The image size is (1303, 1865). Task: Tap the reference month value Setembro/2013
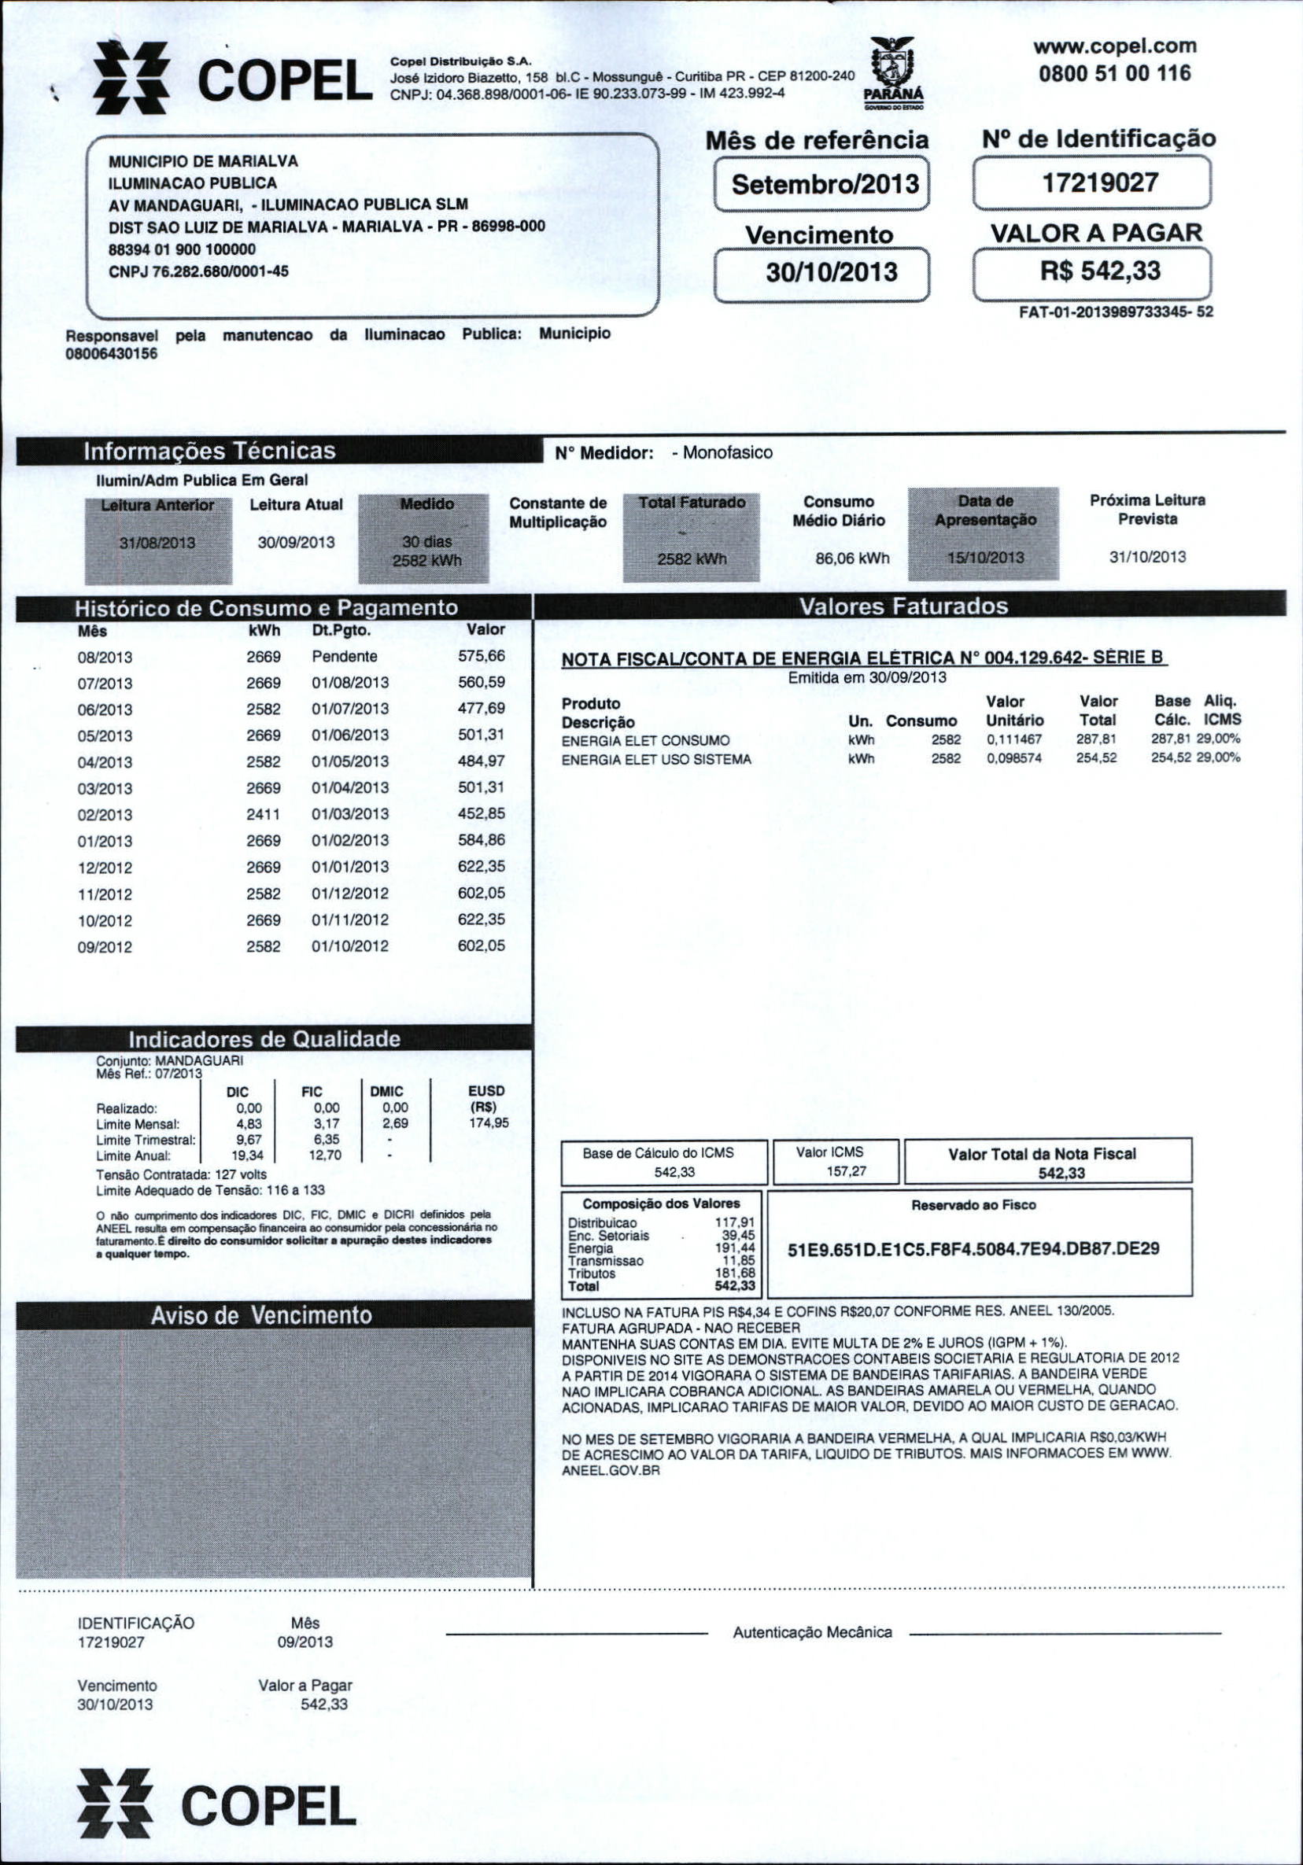pyautogui.click(x=825, y=183)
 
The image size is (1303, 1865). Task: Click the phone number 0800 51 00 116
pyautogui.click(x=1114, y=74)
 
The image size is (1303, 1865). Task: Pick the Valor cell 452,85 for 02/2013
pyautogui.click(x=481, y=814)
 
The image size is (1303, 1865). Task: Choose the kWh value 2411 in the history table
pyautogui.click(x=264, y=814)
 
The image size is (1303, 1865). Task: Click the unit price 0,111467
pyautogui.click(x=1013, y=740)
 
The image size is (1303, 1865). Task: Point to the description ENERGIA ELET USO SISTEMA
pyautogui.click(x=656, y=760)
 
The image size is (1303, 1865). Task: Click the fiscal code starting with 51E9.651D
pyautogui.click(x=974, y=1248)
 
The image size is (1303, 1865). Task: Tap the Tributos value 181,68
pyautogui.click(x=735, y=1273)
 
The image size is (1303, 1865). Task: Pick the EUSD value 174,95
pyautogui.click(x=489, y=1124)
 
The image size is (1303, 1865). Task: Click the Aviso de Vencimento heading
pyautogui.click(x=261, y=1316)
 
